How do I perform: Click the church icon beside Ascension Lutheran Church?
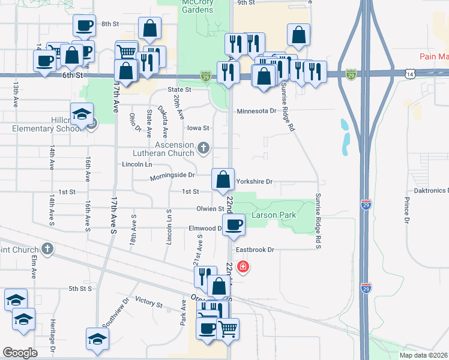tap(204, 146)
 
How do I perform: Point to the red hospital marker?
tap(243, 266)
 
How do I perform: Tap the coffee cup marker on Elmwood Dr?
tap(234, 225)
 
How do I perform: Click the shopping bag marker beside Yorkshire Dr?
tap(223, 179)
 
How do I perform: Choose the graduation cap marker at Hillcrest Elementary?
tap(82, 113)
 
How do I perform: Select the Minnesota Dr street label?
tap(256, 111)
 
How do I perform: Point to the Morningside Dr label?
tap(172, 175)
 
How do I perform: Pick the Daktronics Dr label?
tap(432, 190)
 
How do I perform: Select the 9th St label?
tap(246, 2)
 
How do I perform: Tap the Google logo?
tap(20, 353)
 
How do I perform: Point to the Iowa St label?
tap(197, 128)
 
